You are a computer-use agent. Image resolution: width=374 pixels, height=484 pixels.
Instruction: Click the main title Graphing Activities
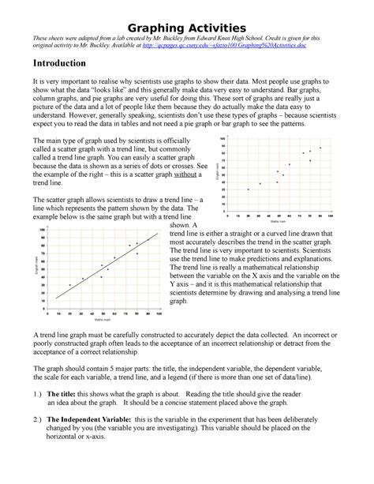point(186,29)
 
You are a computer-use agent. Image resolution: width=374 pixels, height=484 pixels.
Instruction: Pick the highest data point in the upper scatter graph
point(320,148)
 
